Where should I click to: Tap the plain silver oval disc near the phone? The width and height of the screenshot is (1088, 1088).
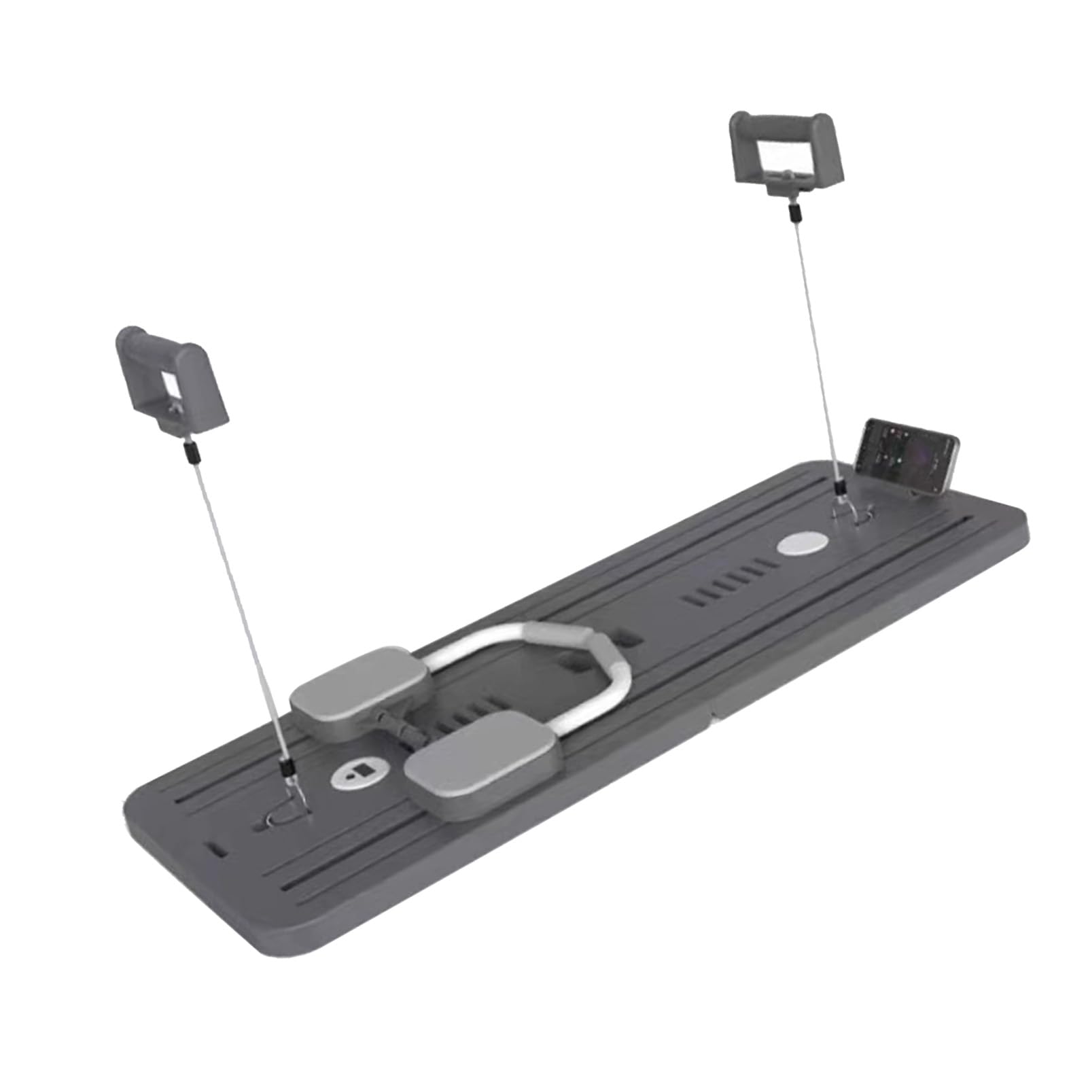tap(803, 544)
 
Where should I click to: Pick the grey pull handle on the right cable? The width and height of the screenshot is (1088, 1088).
tap(788, 145)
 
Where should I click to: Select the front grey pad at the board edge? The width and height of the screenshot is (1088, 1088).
tap(483, 769)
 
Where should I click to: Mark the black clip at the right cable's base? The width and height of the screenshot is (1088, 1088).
tap(840, 487)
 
